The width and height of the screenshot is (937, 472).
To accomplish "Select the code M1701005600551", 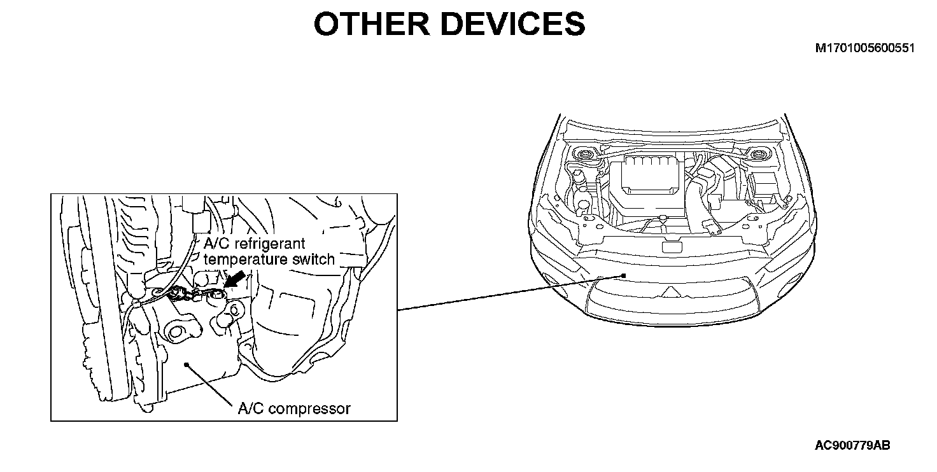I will [x=865, y=48].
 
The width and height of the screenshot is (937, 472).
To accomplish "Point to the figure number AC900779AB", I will [x=852, y=445].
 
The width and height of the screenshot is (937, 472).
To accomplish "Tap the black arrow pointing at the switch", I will [x=234, y=279].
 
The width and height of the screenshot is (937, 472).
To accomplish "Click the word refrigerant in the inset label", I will [x=268, y=244].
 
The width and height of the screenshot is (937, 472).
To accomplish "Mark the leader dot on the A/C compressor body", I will [x=185, y=364].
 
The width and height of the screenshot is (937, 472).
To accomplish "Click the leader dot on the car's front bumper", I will [x=624, y=275].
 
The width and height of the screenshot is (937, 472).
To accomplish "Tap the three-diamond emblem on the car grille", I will [x=669, y=291].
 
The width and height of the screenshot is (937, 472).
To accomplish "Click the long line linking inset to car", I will [x=509, y=293].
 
